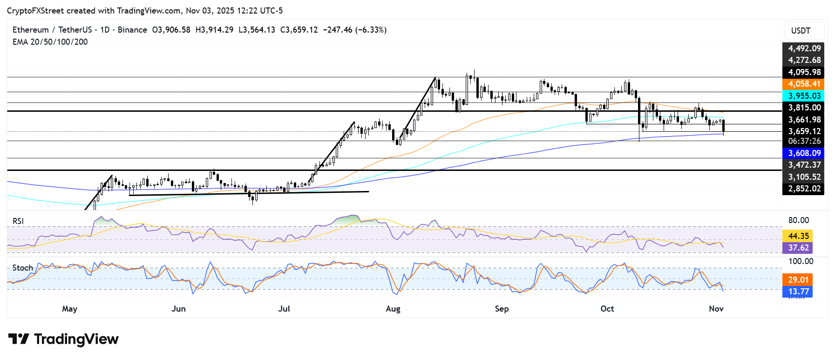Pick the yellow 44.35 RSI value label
pyautogui.click(x=798, y=236)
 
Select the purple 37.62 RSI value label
pyautogui.click(x=798, y=248)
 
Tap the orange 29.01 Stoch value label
pyautogui.click(x=798, y=280)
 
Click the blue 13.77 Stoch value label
pyautogui.click(x=798, y=292)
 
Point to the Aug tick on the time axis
pyautogui.click(x=393, y=309)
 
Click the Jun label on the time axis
pyautogui.click(x=178, y=309)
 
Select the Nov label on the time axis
pyautogui.click(x=716, y=309)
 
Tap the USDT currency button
pyautogui.click(x=801, y=31)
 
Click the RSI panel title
pyautogui.click(x=18, y=221)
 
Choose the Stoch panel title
pyautogui.click(x=23, y=268)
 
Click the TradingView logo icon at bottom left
pyautogui.click(x=19, y=339)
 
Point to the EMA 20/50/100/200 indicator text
pyautogui.click(x=50, y=42)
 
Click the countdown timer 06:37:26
pyautogui.click(x=804, y=141)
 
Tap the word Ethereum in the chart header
pyautogui.click(x=31, y=30)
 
